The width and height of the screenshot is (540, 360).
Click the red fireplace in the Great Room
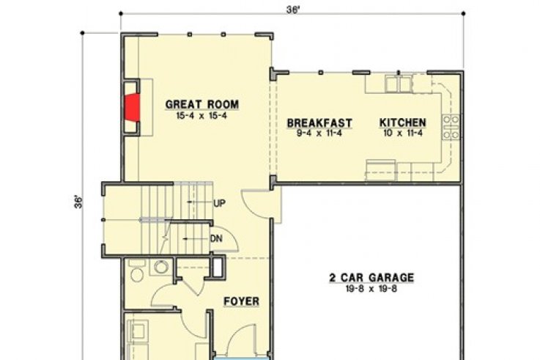pyautogui.click(x=132, y=108)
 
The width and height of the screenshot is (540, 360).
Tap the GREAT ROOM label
pyautogui.click(x=202, y=104)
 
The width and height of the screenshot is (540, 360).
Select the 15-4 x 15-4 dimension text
pyautogui.click(x=201, y=116)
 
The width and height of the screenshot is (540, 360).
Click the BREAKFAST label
pyautogui.click(x=319, y=123)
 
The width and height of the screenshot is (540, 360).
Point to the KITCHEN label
pyautogui.click(x=402, y=122)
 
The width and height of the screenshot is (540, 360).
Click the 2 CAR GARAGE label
pyautogui.click(x=371, y=278)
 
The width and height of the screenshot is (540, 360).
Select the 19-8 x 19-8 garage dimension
pyautogui.click(x=371, y=289)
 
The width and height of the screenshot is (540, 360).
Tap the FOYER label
pyautogui.click(x=241, y=301)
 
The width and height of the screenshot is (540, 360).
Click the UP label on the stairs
pyautogui.click(x=219, y=203)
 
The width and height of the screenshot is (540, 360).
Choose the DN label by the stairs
pyautogui.click(x=216, y=238)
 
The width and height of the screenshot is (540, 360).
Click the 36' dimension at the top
pyautogui.click(x=293, y=10)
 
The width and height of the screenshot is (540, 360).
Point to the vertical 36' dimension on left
pyautogui.click(x=79, y=202)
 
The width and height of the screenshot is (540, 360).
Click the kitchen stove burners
pyautogui.click(x=451, y=127)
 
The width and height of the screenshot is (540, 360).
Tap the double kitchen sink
pyautogui.click(x=399, y=84)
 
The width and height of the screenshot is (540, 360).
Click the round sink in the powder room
pyautogui.click(x=161, y=267)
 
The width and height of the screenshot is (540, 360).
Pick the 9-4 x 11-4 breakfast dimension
pyautogui.click(x=319, y=133)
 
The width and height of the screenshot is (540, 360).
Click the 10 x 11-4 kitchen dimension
pyautogui.click(x=402, y=133)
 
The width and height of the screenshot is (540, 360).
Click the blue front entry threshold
pyautogui.click(x=241, y=359)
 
